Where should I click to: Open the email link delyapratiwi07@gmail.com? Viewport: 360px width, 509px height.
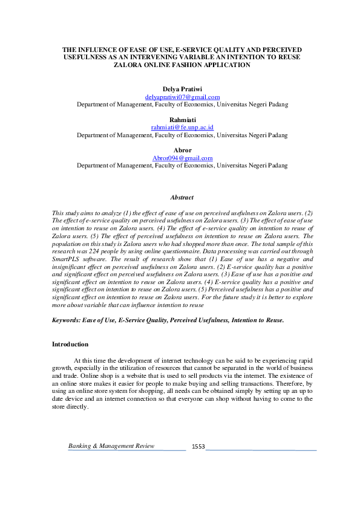coord(182,97)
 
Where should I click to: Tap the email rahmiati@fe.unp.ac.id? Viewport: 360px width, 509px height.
coord(182,128)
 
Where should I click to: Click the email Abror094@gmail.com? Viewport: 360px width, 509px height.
coord(182,158)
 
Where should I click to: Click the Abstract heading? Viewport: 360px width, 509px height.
coord(182,198)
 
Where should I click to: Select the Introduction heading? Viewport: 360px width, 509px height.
coord(70,344)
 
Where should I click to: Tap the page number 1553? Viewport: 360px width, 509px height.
coord(198,447)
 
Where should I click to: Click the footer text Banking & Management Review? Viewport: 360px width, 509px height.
coord(111,446)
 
